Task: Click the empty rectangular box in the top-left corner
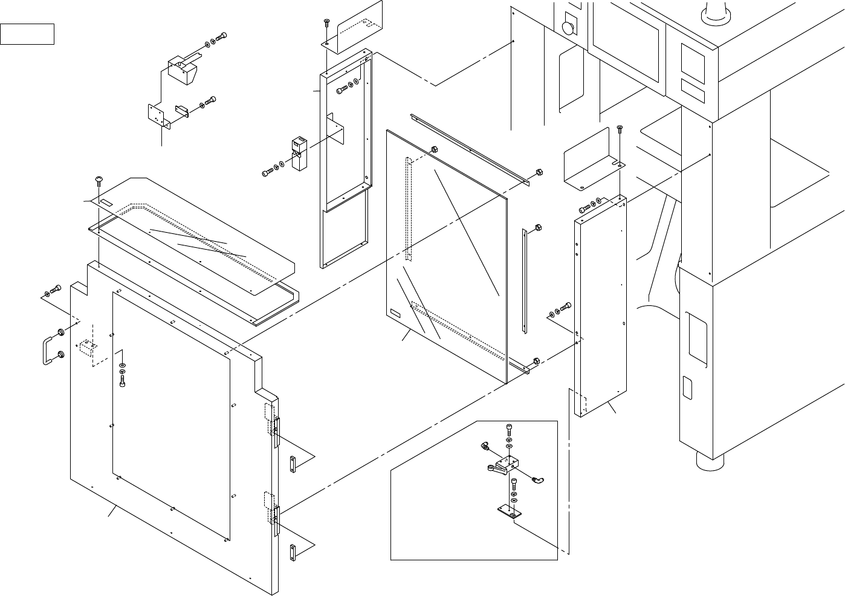pyautogui.click(x=27, y=34)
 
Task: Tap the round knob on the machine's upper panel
pyautogui.click(x=568, y=28)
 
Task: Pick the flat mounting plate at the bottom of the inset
pyautogui.click(x=508, y=513)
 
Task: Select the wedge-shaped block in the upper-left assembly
pyautogui.click(x=181, y=70)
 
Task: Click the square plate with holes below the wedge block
pyautogui.click(x=157, y=115)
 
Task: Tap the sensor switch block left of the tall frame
pyautogui.click(x=298, y=154)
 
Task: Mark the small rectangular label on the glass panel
pyautogui.click(x=396, y=314)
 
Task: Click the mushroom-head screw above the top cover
pyautogui.click(x=99, y=180)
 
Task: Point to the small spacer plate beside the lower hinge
pyautogui.click(x=293, y=552)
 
